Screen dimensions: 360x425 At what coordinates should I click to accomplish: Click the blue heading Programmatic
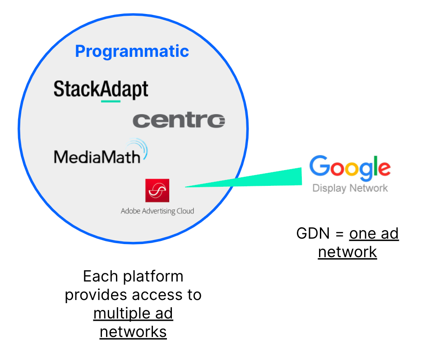132,51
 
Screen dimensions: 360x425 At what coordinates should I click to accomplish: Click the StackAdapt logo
101,89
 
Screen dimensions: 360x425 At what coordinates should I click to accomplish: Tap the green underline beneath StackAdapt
111,101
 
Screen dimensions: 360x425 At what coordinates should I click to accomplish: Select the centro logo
179,120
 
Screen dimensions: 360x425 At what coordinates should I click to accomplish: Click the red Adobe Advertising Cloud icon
157,190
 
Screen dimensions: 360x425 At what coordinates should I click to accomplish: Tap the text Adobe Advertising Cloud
157,211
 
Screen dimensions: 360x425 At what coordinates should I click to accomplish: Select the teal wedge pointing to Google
253,179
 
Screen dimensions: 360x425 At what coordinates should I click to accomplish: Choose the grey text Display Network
350,188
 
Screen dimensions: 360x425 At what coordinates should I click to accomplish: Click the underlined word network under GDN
347,252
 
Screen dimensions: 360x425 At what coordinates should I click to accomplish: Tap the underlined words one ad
374,234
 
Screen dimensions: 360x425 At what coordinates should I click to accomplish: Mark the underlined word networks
133,332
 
